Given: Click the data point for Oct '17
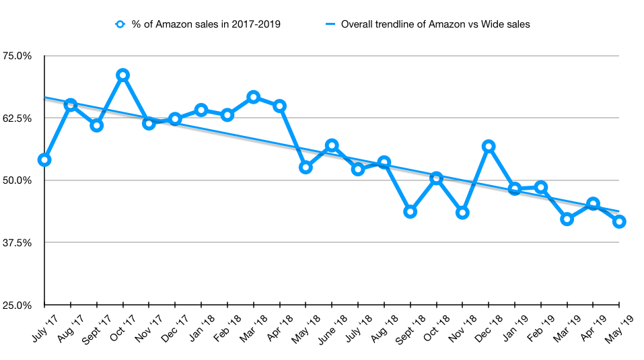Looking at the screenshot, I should [x=122, y=75].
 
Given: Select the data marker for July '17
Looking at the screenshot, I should [x=44, y=159].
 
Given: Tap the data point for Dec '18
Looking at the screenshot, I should [x=489, y=146].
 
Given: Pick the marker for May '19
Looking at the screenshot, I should [x=619, y=221].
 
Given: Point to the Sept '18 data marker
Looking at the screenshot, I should [x=410, y=211].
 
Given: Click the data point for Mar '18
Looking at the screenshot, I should [x=253, y=97].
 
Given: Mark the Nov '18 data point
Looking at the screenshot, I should [x=462, y=213].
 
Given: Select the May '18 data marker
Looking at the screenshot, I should [x=306, y=167].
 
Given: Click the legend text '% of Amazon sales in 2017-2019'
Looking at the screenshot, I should [x=205, y=24].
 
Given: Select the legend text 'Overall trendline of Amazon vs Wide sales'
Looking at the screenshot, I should [x=435, y=24].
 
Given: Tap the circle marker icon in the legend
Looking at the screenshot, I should [x=120, y=24].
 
